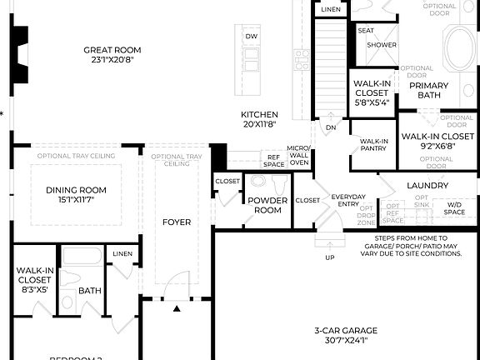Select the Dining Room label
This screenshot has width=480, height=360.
[76, 189]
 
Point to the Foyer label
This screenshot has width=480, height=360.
[177, 222]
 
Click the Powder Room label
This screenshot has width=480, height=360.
[268, 205]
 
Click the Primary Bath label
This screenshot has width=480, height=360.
[429, 90]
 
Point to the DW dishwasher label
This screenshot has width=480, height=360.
[251, 37]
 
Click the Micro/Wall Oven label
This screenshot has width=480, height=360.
[298, 155]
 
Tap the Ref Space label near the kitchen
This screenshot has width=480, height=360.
[273, 160]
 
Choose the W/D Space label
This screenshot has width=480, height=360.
[454, 208]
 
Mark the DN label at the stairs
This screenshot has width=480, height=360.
[330, 127]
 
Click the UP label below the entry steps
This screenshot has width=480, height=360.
[330, 257]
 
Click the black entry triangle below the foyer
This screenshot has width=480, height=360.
[177, 309]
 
